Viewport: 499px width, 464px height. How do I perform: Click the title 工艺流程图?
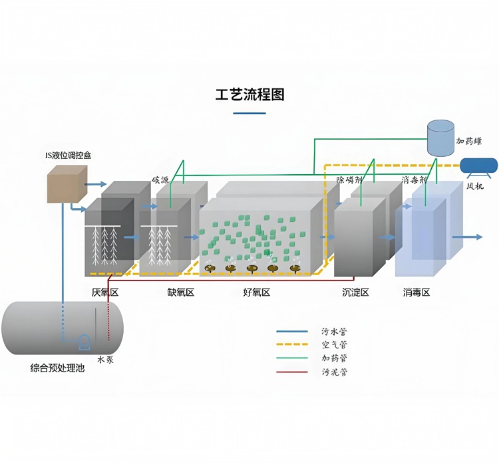[x=249, y=94]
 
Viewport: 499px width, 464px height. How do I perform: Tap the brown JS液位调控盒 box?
[x=67, y=184]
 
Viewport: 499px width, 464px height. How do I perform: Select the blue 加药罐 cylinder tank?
[x=440, y=138]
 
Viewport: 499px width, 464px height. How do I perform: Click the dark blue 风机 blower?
[x=479, y=166]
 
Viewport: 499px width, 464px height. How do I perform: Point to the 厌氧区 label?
[x=105, y=292]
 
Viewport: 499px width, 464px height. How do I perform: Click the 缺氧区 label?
[x=181, y=292]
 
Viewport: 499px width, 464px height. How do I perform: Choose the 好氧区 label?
[x=257, y=292]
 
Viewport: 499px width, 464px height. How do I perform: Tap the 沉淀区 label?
[x=355, y=292]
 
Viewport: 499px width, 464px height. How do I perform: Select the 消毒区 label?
[x=416, y=292]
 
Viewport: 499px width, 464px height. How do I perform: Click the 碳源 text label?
[x=160, y=180]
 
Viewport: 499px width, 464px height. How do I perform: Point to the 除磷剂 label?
[x=349, y=180]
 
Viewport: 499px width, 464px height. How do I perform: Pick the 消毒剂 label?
[x=414, y=180]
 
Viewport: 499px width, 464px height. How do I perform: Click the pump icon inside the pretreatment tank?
[x=84, y=342]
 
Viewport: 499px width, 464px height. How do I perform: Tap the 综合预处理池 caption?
[x=58, y=368]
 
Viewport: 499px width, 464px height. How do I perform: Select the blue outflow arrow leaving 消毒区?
[x=468, y=237]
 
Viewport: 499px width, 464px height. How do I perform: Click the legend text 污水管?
[x=334, y=332]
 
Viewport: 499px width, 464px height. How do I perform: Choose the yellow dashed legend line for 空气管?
[x=292, y=344]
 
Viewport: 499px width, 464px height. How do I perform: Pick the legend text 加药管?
[x=334, y=358]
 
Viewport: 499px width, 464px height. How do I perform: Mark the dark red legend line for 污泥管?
[x=292, y=372]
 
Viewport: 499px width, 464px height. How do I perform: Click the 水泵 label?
[x=105, y=360]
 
